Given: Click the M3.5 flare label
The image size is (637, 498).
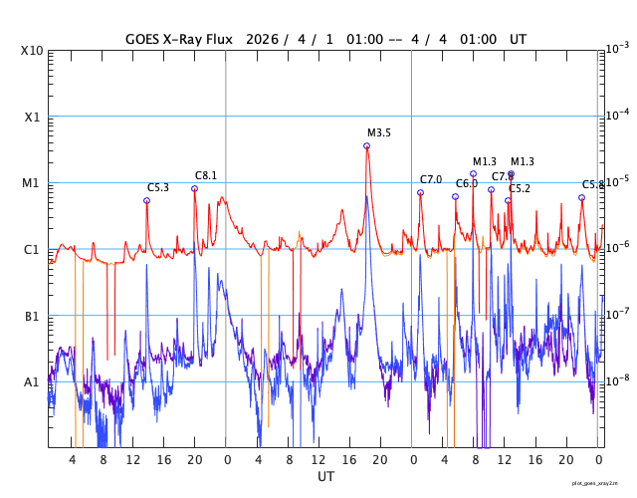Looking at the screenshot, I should pyautogui.click(x=379, y=132).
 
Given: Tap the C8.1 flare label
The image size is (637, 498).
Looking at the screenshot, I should pyautogui.click(x=206, y=175).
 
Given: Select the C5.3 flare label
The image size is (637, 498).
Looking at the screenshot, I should pyautogui.click(x=158, y=187).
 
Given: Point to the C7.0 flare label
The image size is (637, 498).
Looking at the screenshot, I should pyautogui.click(x=431, y=179).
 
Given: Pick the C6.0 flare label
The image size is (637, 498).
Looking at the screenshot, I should pyautogui.click(x=467, y=183).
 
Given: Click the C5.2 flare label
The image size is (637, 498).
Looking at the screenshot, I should pyautogui.click(x=520, y=188).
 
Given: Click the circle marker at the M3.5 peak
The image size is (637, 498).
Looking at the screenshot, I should pyautogui.click(x=367, y=145).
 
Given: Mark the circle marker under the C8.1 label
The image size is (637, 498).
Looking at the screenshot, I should pyautogui.click(x=195, y=188).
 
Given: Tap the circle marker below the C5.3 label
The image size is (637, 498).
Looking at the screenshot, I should pyautogui.click(x=146, y=200).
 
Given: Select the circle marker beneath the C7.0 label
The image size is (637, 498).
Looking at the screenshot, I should pyautogui.click(x=420, y=192).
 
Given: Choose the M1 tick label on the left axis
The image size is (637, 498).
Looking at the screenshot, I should pyautogui.click(x=32, y=183).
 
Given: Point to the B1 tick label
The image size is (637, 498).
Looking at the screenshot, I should pyautogui.click(x=32, y=316).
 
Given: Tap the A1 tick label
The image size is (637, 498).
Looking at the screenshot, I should pyautogui.click(x=32, y=382).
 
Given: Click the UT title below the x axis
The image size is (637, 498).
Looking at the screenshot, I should pyautogui.click(x=325, y=477).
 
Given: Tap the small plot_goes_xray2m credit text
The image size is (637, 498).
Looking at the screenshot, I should pyautogui.click(x=602, y=482).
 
